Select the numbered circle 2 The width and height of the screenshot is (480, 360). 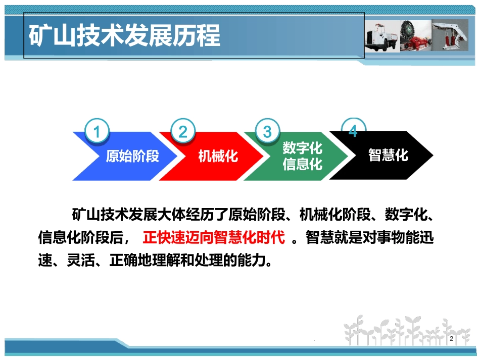tap(183, 132)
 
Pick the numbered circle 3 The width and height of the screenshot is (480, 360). tap(267, 132)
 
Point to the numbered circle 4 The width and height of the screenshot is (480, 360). tap(353, 131)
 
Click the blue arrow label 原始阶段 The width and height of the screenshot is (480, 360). tap(132, 156)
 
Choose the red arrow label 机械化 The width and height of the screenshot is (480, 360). tap(218, 156)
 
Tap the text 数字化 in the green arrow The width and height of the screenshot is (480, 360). tap(302, 148)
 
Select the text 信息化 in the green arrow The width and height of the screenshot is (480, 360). tap(302, 164)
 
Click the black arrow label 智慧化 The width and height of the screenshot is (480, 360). tap(388, 155)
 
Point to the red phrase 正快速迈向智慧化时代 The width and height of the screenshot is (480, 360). tap(214, 237)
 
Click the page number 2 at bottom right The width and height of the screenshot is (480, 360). tap(451, 339)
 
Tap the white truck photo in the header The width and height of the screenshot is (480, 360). tap(381, 36)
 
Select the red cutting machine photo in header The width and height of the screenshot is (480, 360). tap(415, 36)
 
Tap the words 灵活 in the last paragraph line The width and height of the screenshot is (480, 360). tap(83, 261)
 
